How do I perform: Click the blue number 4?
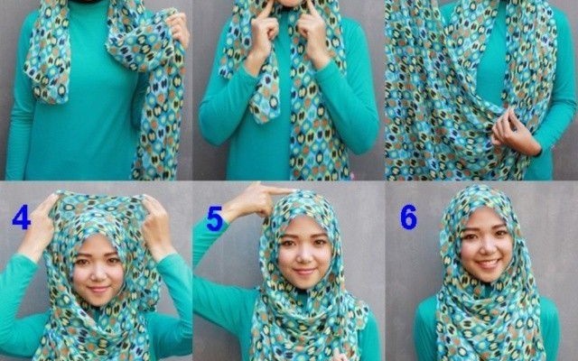click(21, 218)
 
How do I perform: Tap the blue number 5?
click(215, 218)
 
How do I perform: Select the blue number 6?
click(409, 217)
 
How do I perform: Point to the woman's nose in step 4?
click(97, 273)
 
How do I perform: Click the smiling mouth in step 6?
click(488, 264)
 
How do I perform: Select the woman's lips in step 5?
click(304, 272)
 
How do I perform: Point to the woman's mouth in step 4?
click(98, 289)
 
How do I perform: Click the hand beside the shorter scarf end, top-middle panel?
click(263, 36)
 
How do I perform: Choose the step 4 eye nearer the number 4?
click(82, 263)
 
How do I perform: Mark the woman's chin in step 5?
click(305, 284)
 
